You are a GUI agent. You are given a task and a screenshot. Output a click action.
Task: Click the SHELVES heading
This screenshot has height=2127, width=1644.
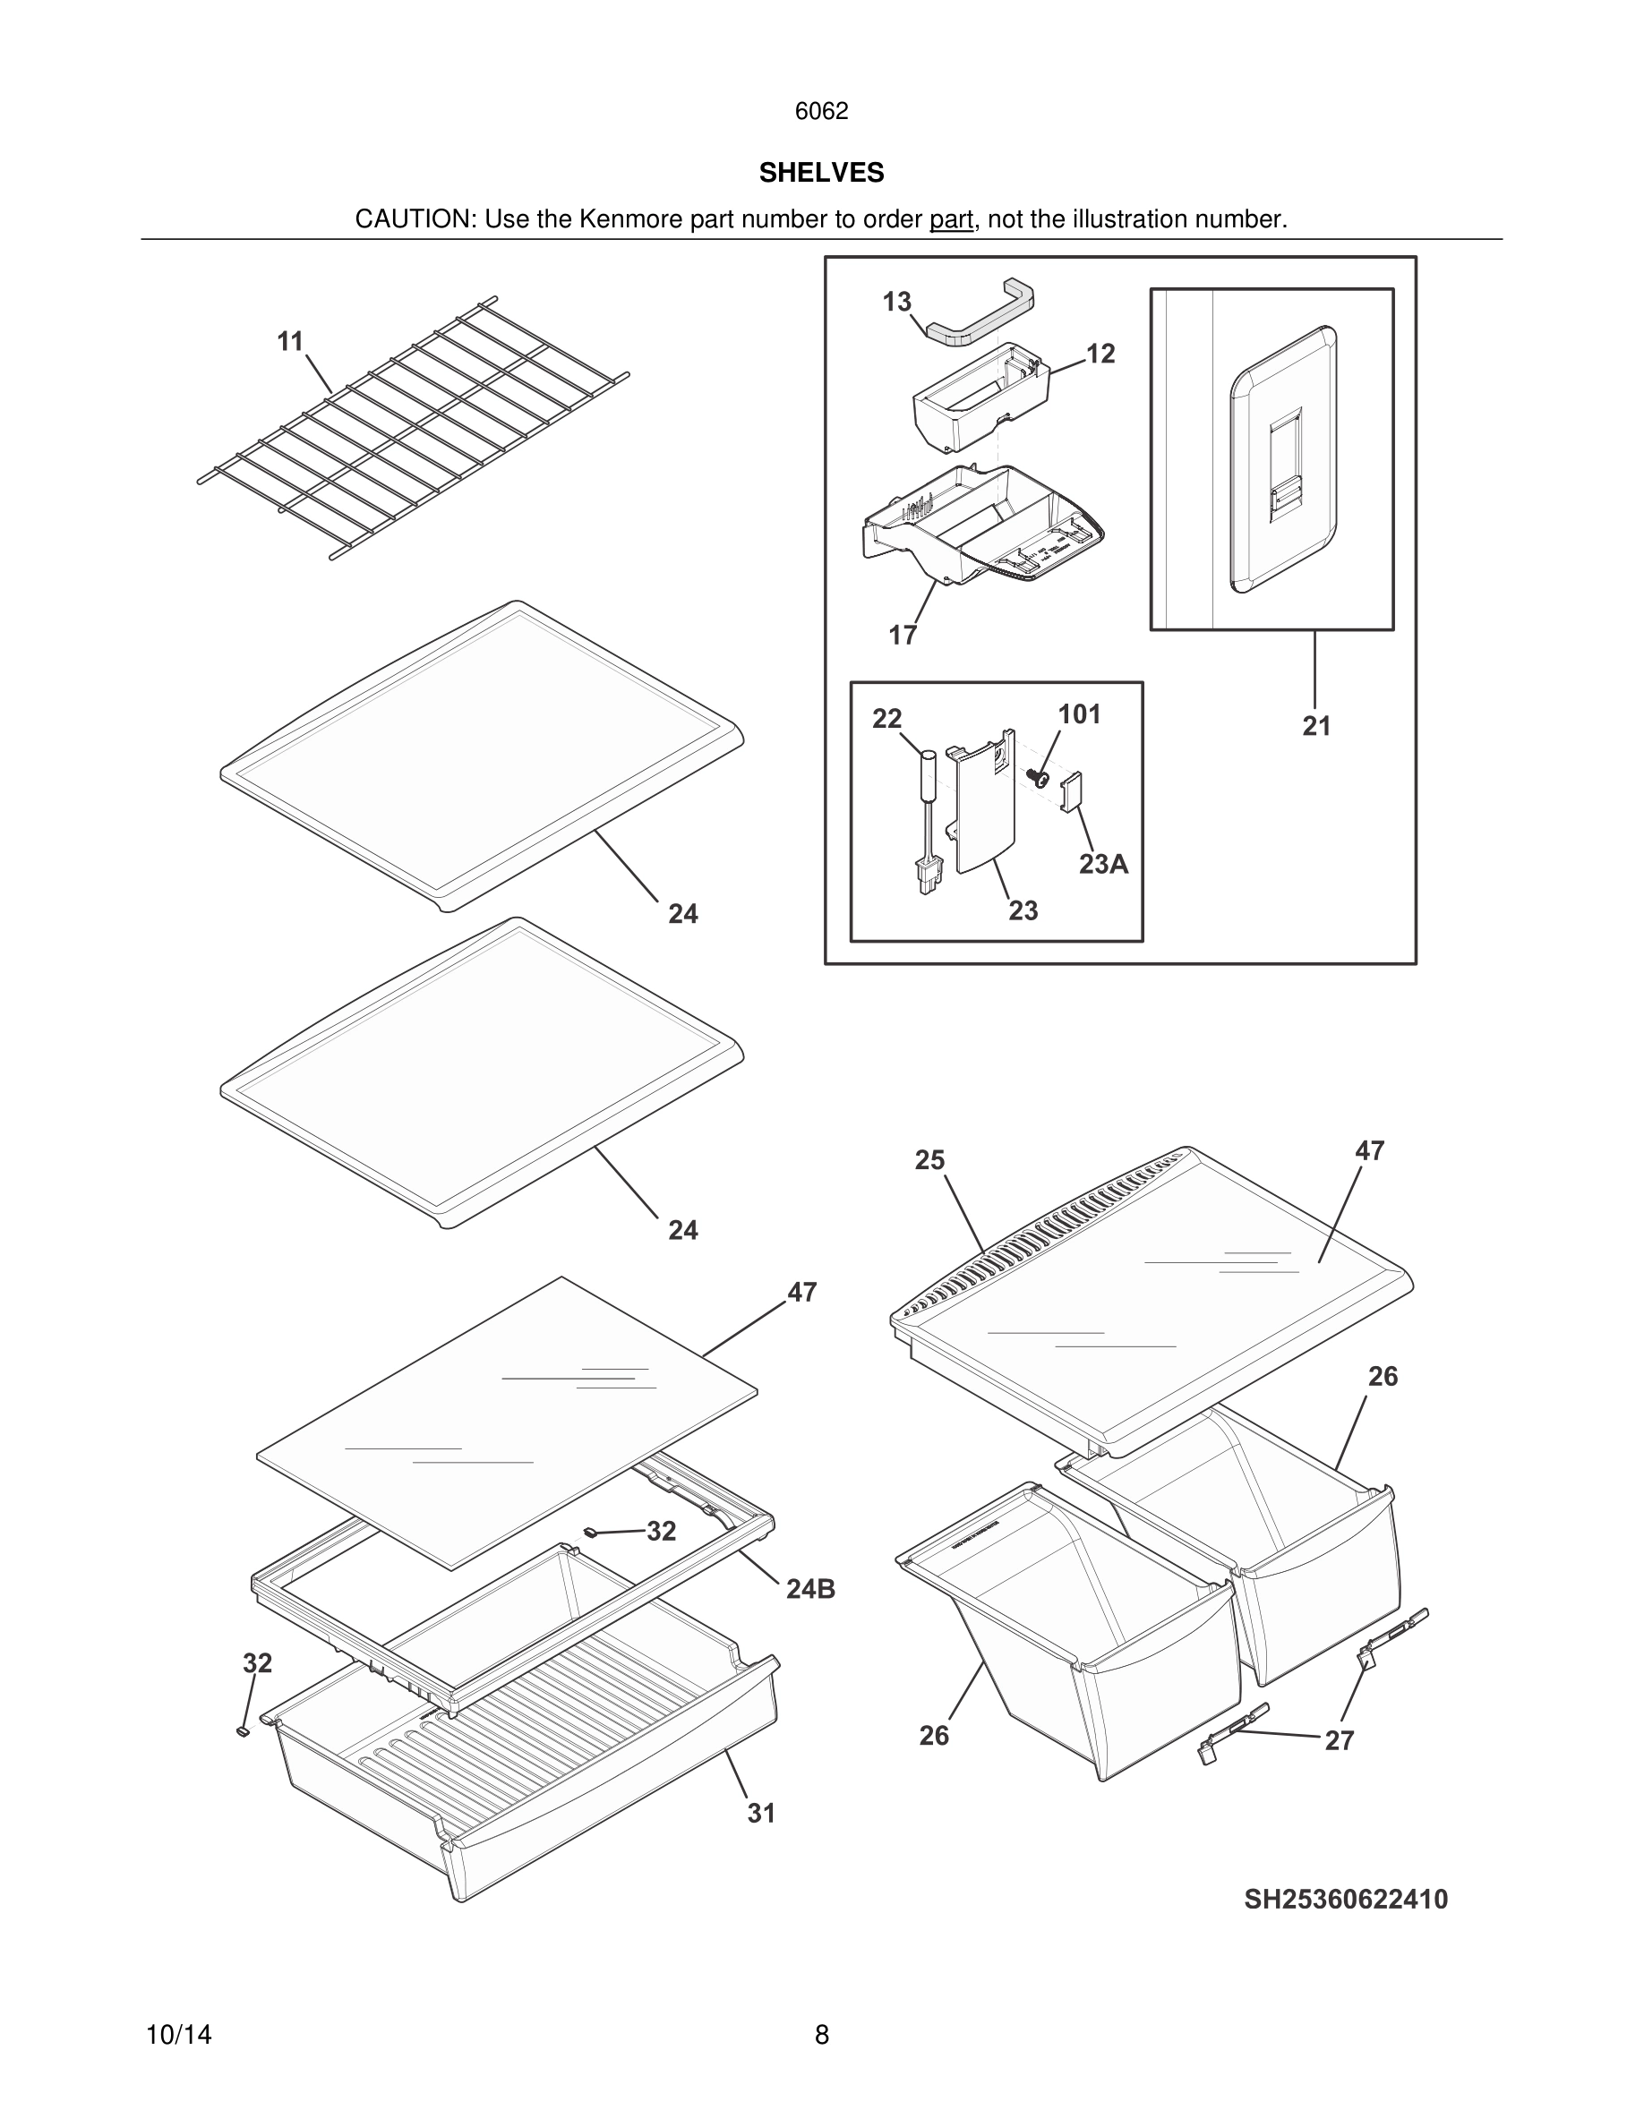point(821,173)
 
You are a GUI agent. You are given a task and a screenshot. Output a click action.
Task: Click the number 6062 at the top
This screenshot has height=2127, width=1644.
point(821,111)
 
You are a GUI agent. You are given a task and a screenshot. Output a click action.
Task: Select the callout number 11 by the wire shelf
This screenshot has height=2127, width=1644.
point(290,342)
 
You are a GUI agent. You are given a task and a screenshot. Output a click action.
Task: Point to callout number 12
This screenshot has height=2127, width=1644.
point(1100,354)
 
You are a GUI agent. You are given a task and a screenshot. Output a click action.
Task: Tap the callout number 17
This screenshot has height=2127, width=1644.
point(903,635)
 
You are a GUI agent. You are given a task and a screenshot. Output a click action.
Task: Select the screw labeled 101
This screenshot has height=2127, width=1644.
point(1038,777)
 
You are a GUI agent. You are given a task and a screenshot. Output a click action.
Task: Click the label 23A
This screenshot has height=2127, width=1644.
point(1103,864)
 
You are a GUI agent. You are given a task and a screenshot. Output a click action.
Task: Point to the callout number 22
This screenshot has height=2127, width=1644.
point(886,719)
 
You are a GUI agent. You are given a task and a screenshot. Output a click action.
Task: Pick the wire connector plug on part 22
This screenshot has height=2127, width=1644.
point(925,877)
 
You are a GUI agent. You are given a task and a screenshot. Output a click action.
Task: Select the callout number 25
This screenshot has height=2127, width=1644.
point(929,1160)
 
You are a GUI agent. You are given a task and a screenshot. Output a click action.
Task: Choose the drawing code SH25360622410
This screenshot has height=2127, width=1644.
point(1345,1899)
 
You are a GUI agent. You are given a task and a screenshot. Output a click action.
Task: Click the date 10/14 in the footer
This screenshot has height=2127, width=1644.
point(178,2035)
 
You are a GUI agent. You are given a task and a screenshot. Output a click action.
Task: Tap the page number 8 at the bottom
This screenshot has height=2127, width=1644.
point(821,2035)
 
